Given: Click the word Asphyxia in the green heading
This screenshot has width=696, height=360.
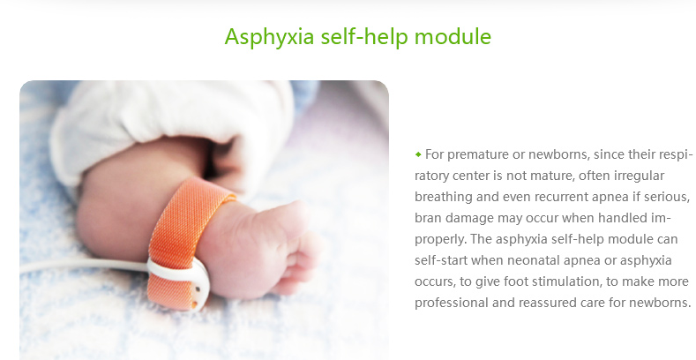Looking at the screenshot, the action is coord(269,37).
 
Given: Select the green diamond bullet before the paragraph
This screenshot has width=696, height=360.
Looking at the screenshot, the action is coord(418,154).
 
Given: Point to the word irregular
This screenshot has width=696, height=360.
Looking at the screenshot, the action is coord(640,176).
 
